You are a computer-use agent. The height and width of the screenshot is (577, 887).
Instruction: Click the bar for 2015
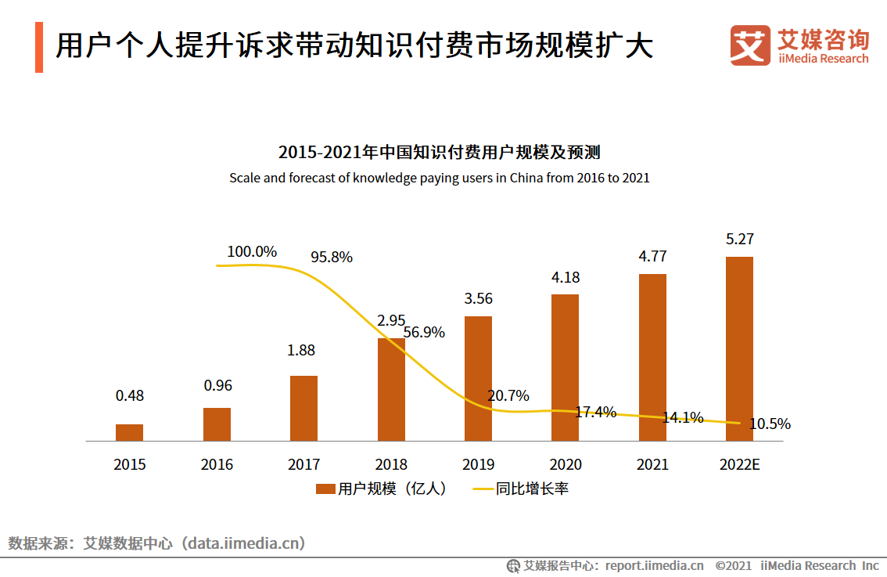click(x=129, y=433)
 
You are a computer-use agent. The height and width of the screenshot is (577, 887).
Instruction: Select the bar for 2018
click(x=391, y=390)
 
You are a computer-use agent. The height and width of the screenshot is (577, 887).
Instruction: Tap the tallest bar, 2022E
click(x=739, y=349)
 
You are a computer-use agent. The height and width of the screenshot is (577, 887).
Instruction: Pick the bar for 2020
click(x=565, y=368)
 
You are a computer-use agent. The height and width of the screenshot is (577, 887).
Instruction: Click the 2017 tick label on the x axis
click(x=303, y=464)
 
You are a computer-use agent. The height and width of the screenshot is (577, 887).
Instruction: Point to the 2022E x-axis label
click(x=739, y=464)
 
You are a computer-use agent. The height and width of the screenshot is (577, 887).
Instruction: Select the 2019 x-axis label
click(x=478, y=464)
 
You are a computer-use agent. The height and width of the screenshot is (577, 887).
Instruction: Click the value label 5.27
click(x=739, y=240)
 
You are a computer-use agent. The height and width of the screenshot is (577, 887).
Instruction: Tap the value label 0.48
click(x=129, y=396)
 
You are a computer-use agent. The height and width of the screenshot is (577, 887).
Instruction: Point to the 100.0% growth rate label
click(x=252, y=252)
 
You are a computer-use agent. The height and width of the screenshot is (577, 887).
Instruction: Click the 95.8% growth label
click(x=331, y=257)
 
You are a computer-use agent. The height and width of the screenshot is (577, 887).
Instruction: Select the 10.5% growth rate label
click(x=770, y=424)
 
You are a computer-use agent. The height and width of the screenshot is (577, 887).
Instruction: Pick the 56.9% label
click(x=424, y=333)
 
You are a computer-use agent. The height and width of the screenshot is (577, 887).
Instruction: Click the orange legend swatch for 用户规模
click(x=325, y=489)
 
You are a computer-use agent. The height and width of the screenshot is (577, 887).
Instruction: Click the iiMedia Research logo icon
click(x=749, y=46)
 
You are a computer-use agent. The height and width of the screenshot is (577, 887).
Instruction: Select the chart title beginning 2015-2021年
click(x=439, y=152)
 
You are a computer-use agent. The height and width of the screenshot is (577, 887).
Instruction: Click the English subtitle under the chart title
click(x=439, y=178)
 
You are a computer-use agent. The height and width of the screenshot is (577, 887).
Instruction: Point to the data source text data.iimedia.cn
click(x=243, y=543)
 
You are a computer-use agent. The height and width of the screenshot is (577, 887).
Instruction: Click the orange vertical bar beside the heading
click(x=39, y=48)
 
